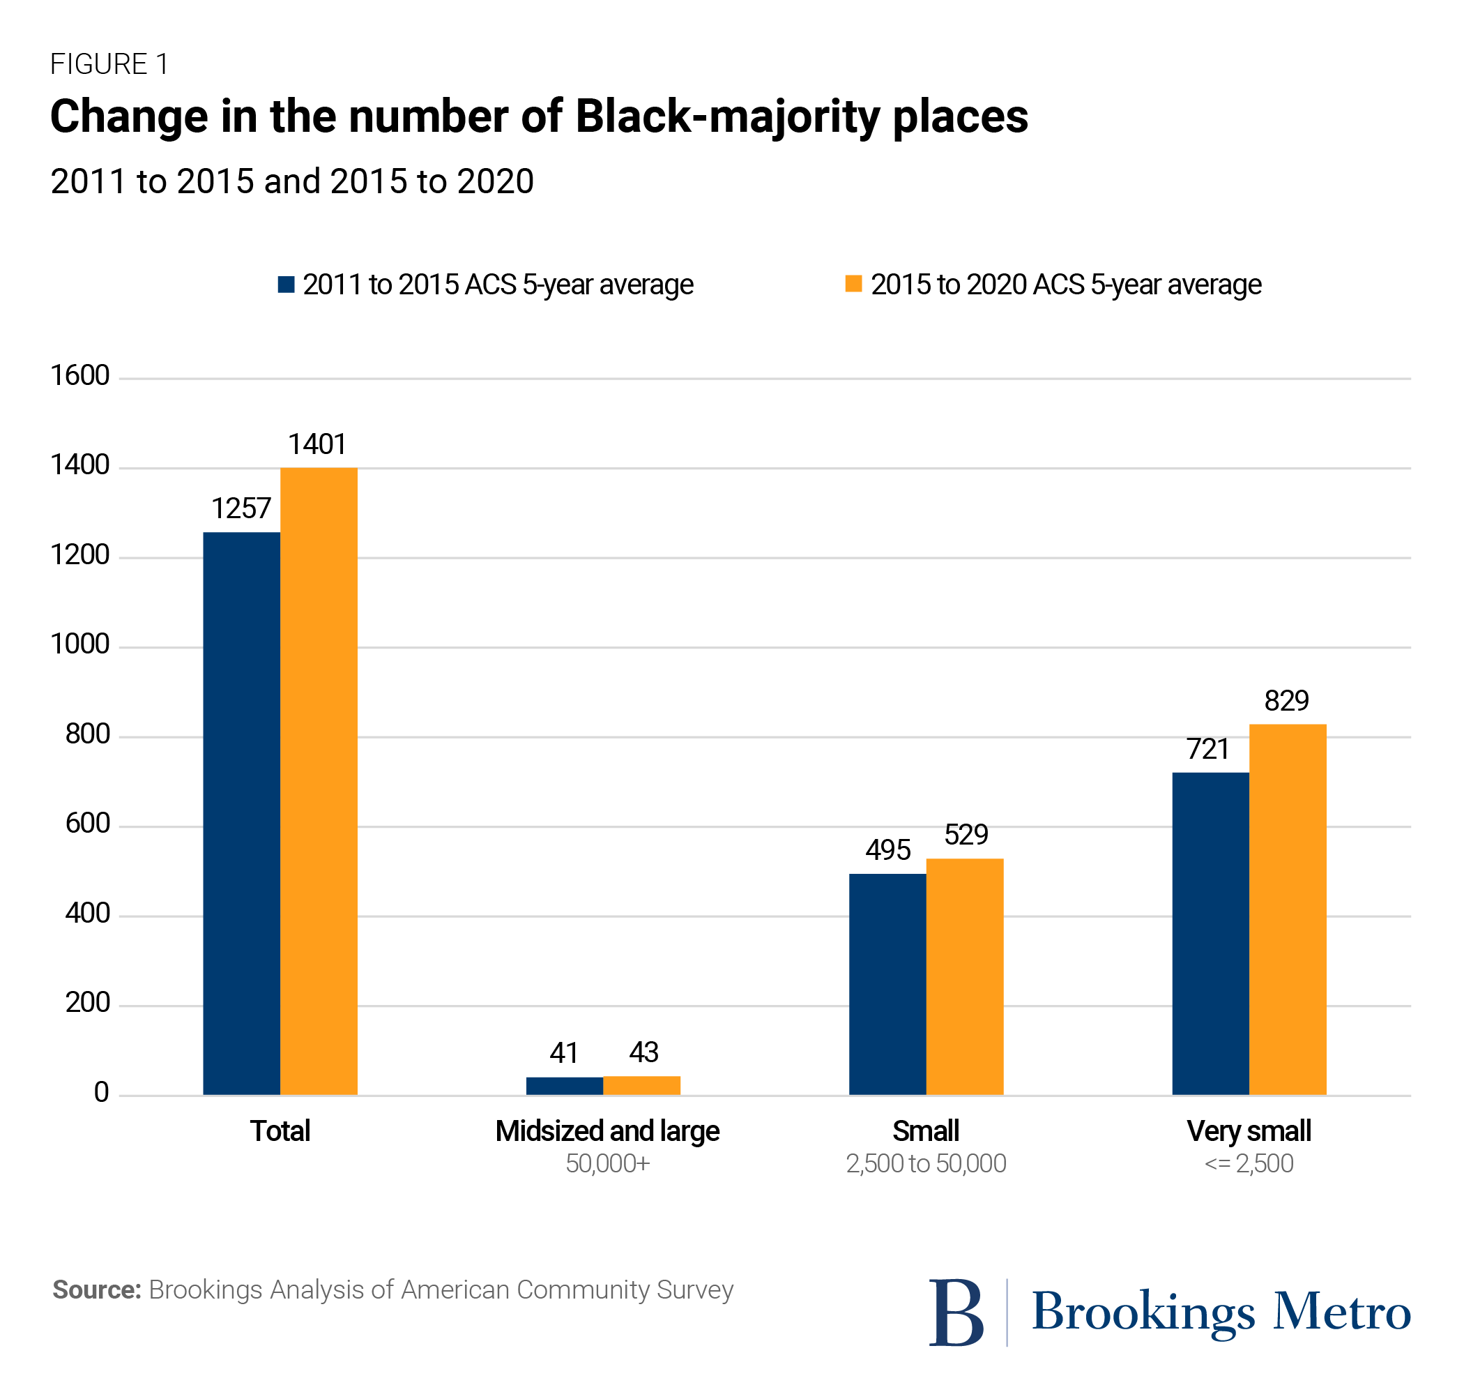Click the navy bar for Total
coord(241,813)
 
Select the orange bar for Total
coord(319,781)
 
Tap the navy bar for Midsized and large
coord(564,1086)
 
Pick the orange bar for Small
coord(965,976)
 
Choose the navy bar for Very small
coord(1210,934)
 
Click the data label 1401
coord(317,444)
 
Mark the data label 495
coord(887,850)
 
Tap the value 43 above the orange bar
coord(643,1052)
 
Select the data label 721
coord(1207,749)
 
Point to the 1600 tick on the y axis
coord(79,375)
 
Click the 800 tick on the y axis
coord(87,734)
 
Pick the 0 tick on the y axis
coord(101,1093)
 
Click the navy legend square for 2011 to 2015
coord(287,284)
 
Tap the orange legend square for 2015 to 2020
coord(853,283)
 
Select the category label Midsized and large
coord(607,1131)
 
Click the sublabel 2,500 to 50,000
coord(926,1163)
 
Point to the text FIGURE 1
coord(109,64)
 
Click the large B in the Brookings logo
coord(956,1313)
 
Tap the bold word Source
coord(97,1290)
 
